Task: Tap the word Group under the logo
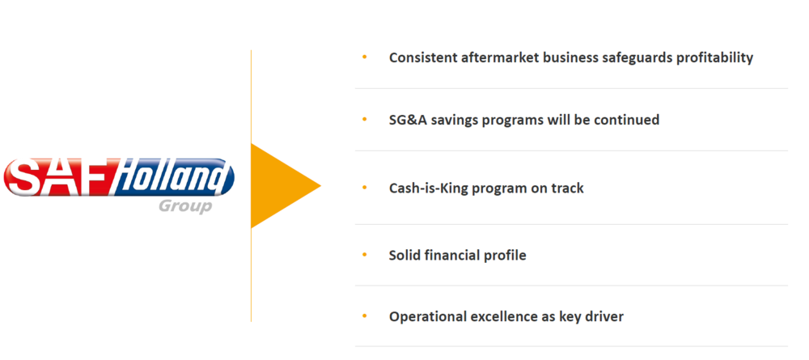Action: click(x=185, y=206)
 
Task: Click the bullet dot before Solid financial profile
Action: click(x=365, y=255)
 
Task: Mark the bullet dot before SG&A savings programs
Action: click(x=365, y=120)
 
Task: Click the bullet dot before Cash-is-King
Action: click(x=365, y=188)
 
